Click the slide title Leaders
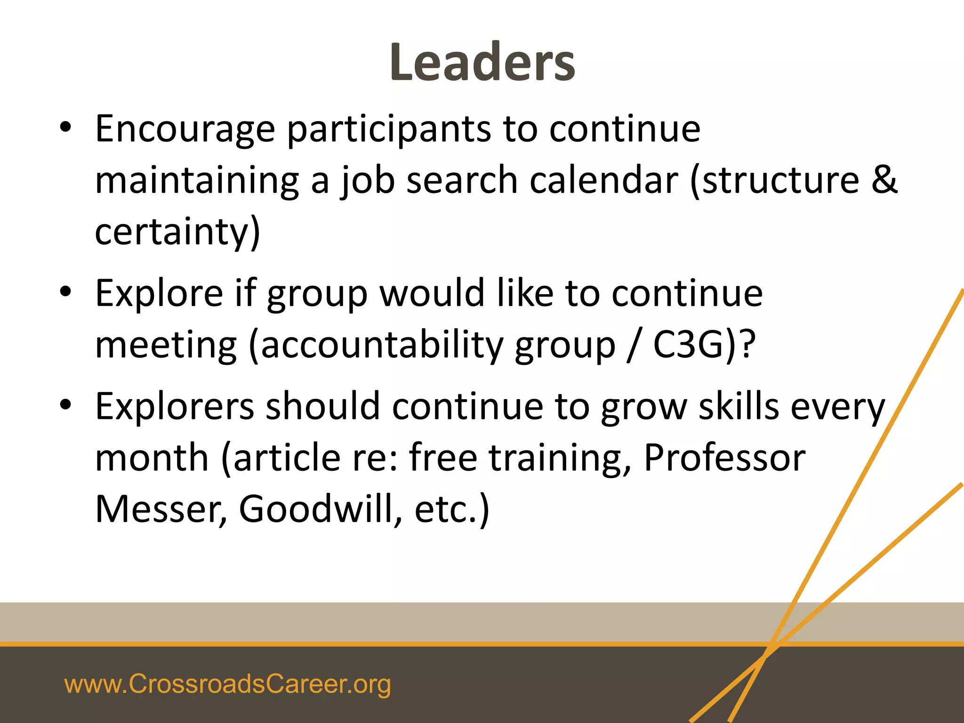482,63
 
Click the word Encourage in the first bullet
185,129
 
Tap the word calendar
604,181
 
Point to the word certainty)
177,232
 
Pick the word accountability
382,345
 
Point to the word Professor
724,458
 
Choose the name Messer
161,509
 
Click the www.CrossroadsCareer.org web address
227,684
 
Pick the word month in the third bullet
152,458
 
